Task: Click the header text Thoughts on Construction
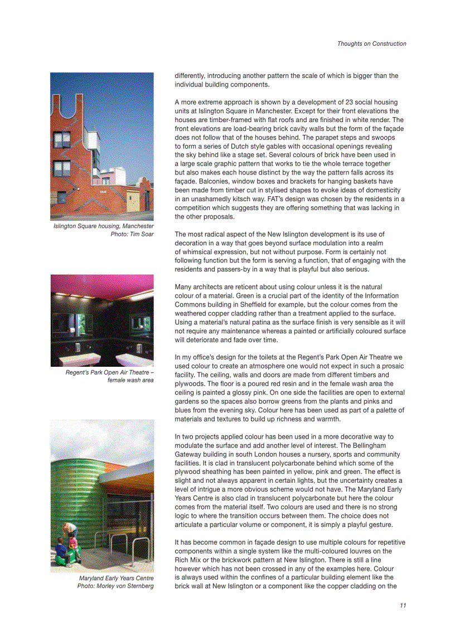point(371,43)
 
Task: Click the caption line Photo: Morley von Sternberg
point(115,586)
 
